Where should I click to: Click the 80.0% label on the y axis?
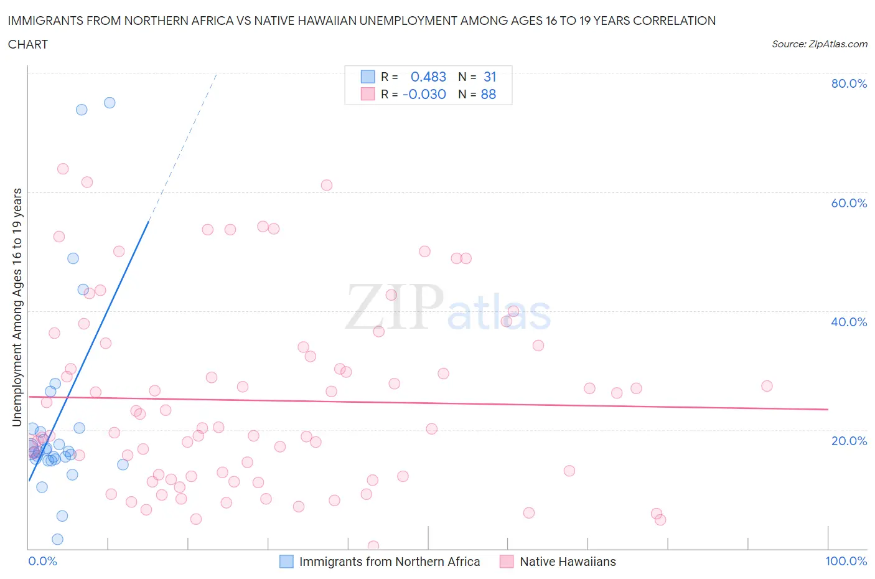tap(848, 83)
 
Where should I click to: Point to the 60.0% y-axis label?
tap(848, 203)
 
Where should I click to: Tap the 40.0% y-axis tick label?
tap(848, 322)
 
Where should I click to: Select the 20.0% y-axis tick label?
tap(848, 441)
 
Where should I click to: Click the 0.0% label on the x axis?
tap(42, 561)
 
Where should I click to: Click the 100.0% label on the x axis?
tap(846, 561)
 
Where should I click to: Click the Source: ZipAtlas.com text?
tap(819, 44)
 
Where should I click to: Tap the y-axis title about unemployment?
tap(17, 307)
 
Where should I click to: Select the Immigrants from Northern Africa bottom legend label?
tap(390, 562)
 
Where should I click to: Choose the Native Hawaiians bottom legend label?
tap(568, 562)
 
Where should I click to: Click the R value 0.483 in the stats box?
tap(428, 77)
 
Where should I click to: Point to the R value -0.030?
tap(424, 94)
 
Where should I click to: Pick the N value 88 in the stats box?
tap(489, 94)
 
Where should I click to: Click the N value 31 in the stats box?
tap(490, 77)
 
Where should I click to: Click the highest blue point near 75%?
tap(110, 103)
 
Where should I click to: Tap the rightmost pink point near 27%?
tap(767, 386)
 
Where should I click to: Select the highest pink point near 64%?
tap(63, 169)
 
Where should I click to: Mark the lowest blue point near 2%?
tap(57, 539)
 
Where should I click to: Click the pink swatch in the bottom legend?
tap(507, 562)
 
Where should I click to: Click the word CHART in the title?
tap(28, 44)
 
